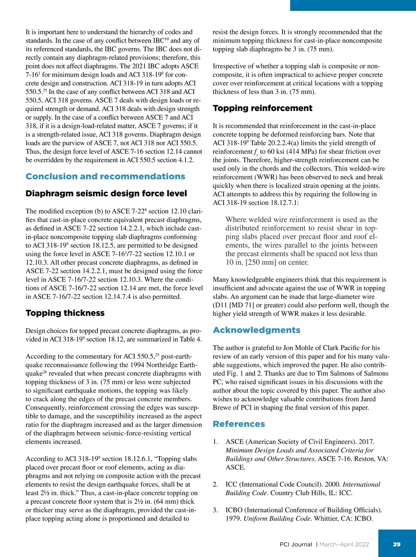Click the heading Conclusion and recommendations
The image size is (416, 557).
105,176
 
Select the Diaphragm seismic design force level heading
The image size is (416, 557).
106,193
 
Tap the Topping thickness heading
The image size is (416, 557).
65,313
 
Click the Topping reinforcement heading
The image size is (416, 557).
262,108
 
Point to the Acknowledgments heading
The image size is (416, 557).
257,330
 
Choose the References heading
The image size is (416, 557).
239,424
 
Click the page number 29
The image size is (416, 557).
397,544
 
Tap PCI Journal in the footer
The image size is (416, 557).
296,545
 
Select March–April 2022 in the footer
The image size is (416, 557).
344,545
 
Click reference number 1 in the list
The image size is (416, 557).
215,442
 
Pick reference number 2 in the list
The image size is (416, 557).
215,485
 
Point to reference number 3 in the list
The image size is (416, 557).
215,510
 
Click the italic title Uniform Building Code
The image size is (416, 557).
277,519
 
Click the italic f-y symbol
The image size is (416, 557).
256,152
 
